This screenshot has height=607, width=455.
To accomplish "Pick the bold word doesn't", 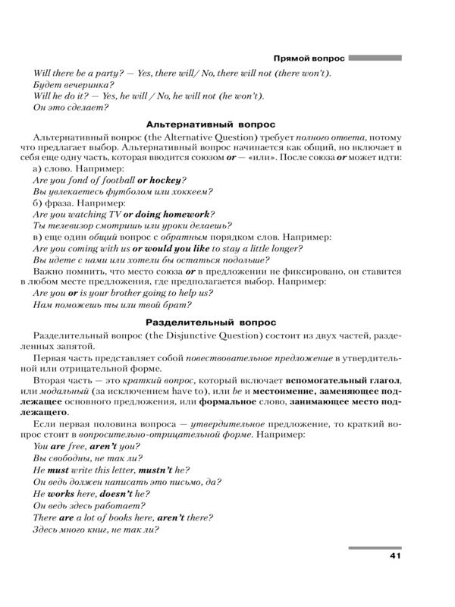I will click(x=120, y=492).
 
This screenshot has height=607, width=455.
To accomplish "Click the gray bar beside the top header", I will click(x=375, y=58).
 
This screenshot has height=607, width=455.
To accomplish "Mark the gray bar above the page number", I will click(x=375, y=549).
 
